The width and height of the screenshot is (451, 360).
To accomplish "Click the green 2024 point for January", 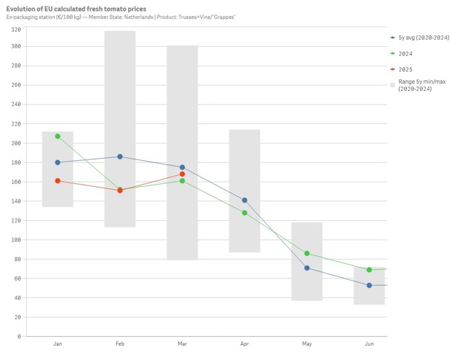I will pos(58,136).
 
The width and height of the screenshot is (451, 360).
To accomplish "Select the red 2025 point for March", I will pos(183,174).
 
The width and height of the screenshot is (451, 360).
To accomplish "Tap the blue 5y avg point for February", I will pos(120,157).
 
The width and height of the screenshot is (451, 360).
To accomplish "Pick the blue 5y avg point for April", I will pos(245,200).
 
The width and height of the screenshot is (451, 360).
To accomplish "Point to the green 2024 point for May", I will pos(307,253).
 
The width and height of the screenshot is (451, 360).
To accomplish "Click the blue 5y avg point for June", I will pos(369,285).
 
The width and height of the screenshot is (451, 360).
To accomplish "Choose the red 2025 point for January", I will pos(58,180).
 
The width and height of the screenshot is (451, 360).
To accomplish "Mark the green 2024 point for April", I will pos(245,213).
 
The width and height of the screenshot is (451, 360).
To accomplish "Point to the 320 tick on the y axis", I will pos(16,30).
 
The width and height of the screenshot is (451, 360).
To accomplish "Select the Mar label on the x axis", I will pos(183,344).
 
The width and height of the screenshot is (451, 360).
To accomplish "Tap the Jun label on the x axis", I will pos(369,344).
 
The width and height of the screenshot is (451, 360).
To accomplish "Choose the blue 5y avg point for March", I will pos(183,167).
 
